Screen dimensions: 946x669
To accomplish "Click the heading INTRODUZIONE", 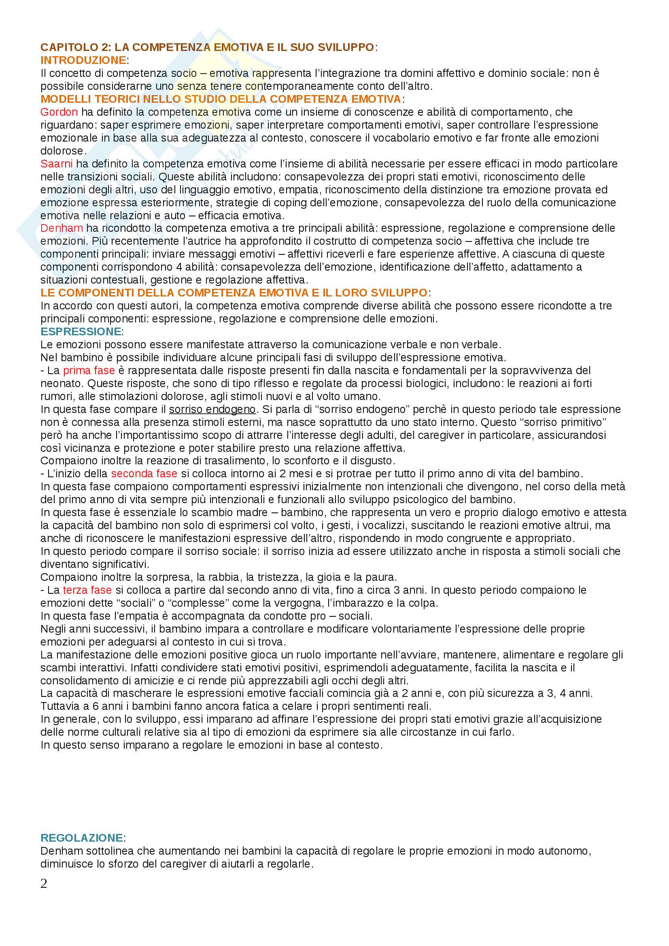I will click(x=83, y=60).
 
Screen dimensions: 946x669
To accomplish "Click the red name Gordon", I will click(x=59, y=112).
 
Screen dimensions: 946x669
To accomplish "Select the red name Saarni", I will click(x=57, y=163).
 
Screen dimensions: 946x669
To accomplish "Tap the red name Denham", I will click(x=62, y=228).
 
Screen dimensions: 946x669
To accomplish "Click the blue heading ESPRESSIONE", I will click(x=81, y=332).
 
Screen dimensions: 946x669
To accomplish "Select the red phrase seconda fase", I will click(x=144, y=474).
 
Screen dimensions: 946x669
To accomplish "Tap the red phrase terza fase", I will click(x=87, y=590).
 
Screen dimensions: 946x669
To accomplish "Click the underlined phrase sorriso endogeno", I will click(x=212, y=409).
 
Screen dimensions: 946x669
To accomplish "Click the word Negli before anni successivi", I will click(x=52, y=629).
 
